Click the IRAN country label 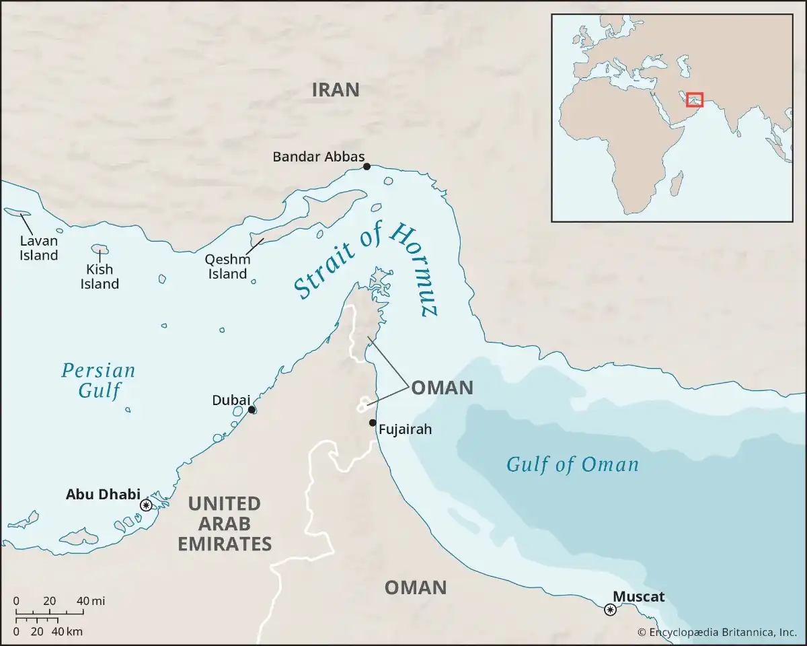click(x=336, y=90)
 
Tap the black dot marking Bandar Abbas click(x=367, y=166)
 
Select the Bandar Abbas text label click(x=318, y=157)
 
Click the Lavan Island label click(x=38, y=248)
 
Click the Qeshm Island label click(x=228, y=266)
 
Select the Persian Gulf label click(x=98, y=380)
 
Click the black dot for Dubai click(x=252, y=409)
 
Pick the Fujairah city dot click(x=372, y=423)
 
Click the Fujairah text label click(x=405, y=429)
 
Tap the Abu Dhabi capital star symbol click(x=145, y=505)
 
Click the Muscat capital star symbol click(x=610, y=610)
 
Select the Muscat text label click(x=638, y=596)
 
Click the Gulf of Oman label click(x=572, y=464)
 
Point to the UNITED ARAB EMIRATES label click(x=225, y=524)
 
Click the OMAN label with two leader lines click(x=442, y=388)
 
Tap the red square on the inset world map click(x=695, y=100)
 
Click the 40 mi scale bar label click(x=90, y=601)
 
